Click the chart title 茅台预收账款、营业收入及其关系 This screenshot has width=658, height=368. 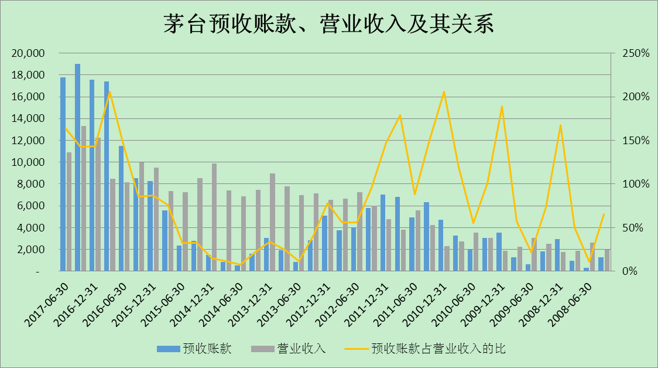point(328,25)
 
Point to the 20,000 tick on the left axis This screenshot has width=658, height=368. point(28,53)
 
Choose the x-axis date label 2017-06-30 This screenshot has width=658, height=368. point(48,302)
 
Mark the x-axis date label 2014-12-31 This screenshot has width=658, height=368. point(193,302)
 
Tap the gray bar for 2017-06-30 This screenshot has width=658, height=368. point(69,212)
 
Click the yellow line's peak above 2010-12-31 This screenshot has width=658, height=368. point(444,91)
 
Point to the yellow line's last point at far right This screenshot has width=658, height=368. point(604,214)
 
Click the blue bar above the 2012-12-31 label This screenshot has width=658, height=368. point(325,243)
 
